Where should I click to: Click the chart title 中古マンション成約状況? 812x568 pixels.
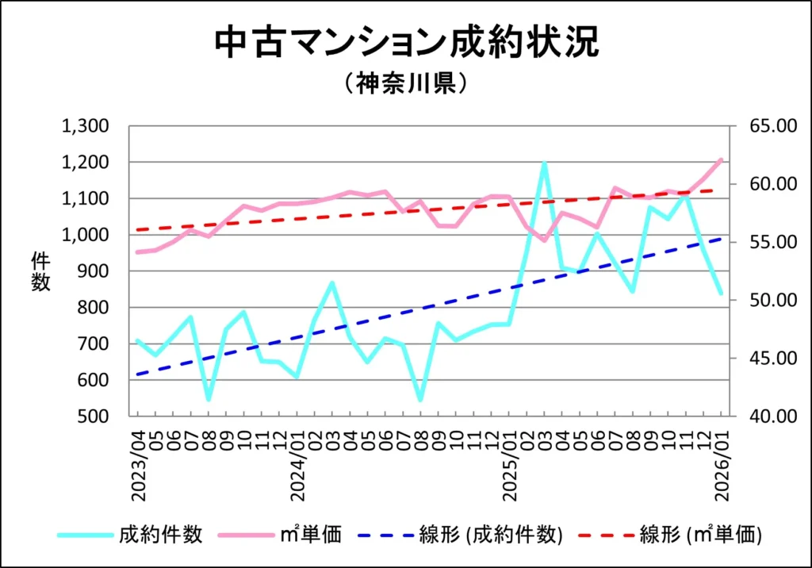point(406,43)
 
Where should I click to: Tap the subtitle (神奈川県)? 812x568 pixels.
point(405,84)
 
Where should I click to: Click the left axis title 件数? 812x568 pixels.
point(40,271)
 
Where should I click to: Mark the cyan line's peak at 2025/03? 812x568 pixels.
point(544,163)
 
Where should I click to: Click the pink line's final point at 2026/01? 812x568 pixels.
point(721,159)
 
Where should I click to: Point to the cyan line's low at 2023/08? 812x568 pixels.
point(209,399)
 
